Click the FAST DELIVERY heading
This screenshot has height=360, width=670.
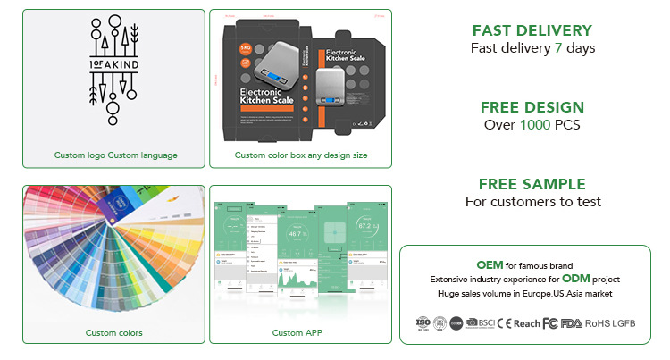click(x=532, y=30)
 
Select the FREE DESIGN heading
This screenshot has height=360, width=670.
click(x=532, y=107)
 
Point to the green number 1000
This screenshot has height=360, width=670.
click(x=533, y=125)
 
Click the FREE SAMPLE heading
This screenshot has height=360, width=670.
click(x=532, y=184)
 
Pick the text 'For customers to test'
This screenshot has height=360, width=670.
click(x=532, y=202)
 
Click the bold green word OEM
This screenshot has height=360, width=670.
click(x=490, y=265)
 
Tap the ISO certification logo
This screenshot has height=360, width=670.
click(x=423, y=322)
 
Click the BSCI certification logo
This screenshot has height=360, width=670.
click(x=482, y=322)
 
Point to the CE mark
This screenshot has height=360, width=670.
click(x=504, y=322)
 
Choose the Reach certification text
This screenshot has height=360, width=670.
click(x=526, y=322)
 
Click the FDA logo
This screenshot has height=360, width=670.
click(x=572, y=322)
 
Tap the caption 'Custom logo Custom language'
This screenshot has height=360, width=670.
click(x=115, y=155)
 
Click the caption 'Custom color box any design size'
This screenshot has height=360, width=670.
click(x=301, y=155)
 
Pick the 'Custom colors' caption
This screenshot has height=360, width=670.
click(x=113, y=333)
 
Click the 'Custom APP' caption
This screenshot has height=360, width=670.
click(x=300, y=333)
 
